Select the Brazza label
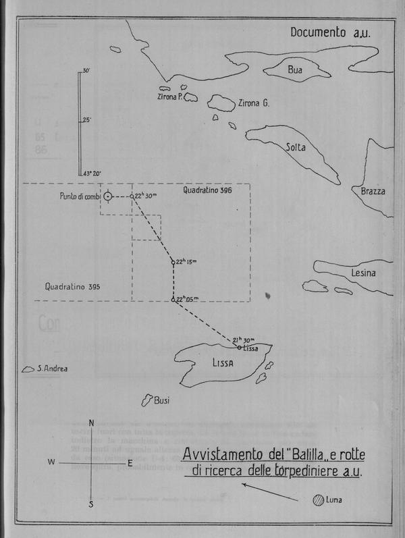(373, 192)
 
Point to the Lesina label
(362, 273)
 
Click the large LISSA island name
(221, 363)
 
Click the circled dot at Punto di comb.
(108, 196)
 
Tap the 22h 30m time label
(146, 195)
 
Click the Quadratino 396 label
(207, 191)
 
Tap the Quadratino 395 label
(73, 287)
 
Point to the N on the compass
(91, 423)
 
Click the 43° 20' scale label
(92, 174)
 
